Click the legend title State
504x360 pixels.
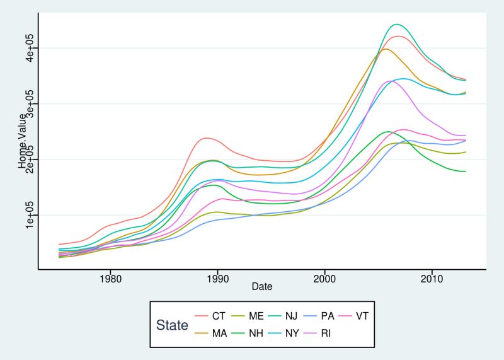[172, 325]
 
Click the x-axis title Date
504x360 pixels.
[261, 287]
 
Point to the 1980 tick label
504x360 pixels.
[110, 277]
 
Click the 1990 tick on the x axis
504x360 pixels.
[217, 277]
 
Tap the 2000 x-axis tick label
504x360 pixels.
[324, 277]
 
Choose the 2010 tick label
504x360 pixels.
[432, 277]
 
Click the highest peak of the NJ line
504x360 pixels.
[396, 25]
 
